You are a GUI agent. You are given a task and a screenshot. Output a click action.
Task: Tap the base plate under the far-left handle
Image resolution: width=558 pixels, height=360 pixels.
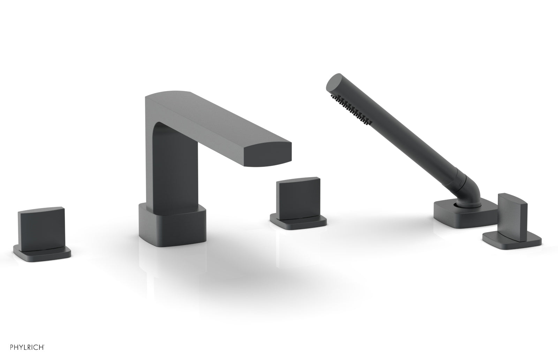(42, 255)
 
